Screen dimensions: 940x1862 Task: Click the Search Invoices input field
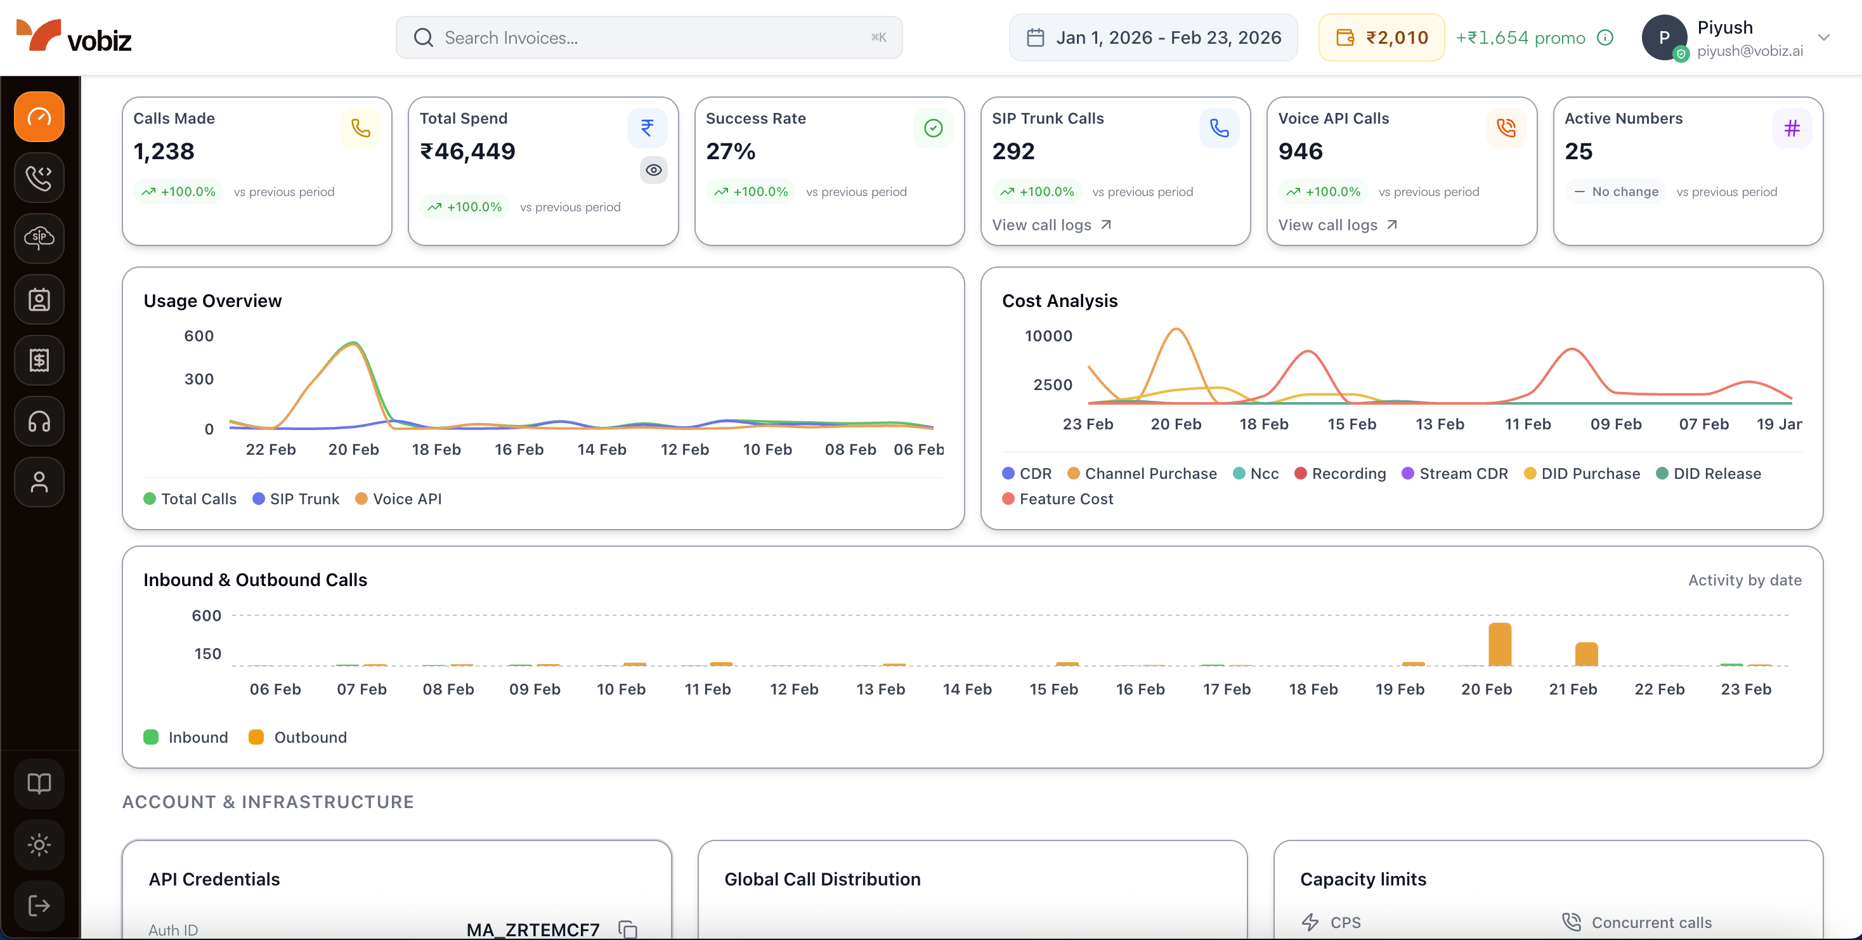pos(648,37)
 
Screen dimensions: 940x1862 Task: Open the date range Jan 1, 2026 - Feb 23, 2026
pos(1153,37)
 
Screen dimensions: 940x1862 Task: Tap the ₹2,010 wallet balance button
pos(1381,37)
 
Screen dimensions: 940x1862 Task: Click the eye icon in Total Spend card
pos(653,170)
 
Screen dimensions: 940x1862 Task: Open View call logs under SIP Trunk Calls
pos(1051,225)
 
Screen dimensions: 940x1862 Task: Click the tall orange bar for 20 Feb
pos(1500,644)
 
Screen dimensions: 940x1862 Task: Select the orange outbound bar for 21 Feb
pos(1586,654)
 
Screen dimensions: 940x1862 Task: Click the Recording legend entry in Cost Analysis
pos(1340,474)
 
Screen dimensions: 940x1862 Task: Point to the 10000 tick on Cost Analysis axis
pos(1048,336)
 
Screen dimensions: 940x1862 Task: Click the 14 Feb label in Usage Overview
pos(601,450)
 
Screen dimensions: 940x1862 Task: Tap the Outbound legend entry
pos(298,738)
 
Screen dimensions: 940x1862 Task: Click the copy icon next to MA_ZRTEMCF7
pos(627,929)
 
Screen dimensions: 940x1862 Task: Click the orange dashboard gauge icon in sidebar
pos(39,117)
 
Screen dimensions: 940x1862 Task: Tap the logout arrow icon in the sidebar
pos(39,905)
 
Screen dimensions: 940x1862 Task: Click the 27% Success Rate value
pos(730,152)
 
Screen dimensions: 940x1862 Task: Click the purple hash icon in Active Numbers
pos(1791,129)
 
